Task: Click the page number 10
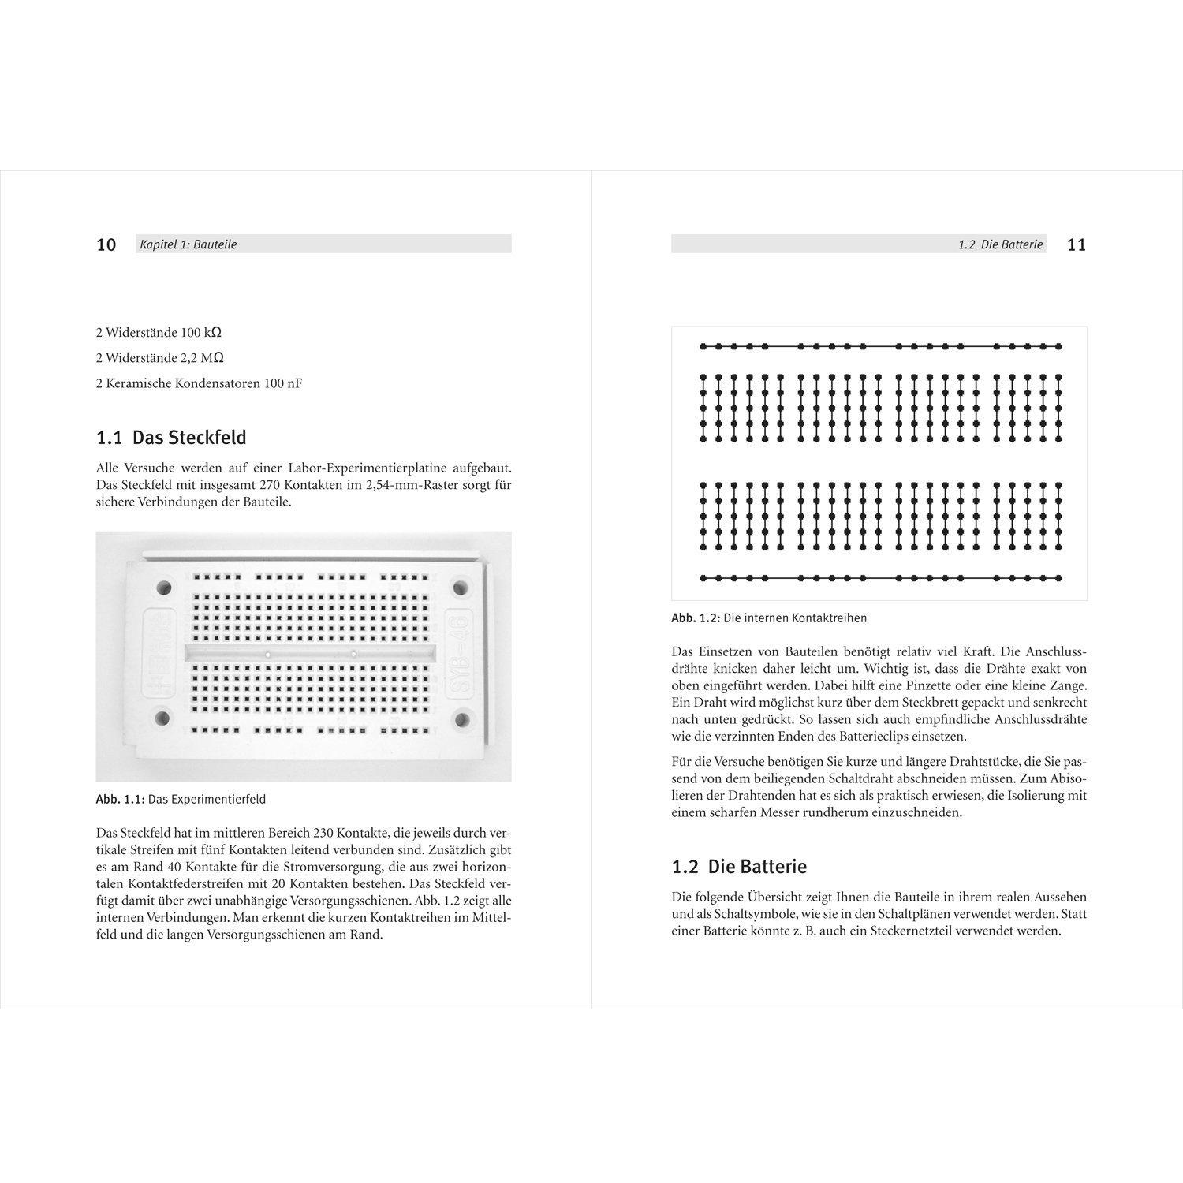point(106,244)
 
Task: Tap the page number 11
point(1076,244)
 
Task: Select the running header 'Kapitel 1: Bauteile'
point(188,244)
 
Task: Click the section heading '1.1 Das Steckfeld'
point(171,438)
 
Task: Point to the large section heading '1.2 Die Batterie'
point(739,867)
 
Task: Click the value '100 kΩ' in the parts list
point(201,332)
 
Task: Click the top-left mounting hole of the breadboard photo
point(164,588)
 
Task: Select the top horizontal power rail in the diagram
point(880,346)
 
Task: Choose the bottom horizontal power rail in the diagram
point(880,578)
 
